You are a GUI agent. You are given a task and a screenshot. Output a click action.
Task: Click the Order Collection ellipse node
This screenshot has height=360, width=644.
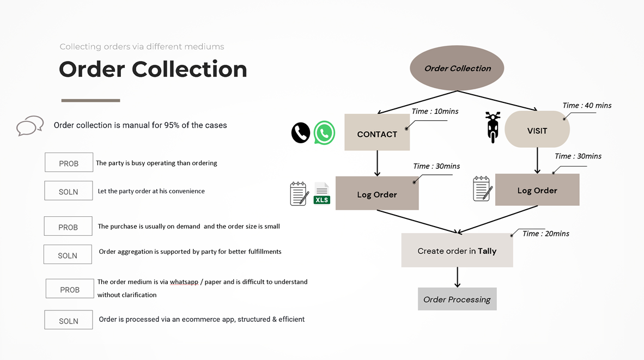[x=457, y=68]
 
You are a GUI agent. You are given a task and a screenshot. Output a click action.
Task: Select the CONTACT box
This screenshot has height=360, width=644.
[x=377, y=132]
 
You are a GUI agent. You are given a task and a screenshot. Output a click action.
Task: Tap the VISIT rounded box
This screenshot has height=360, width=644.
[x=537, y=129]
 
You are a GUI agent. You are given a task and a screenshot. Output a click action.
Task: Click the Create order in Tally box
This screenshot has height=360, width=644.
[x=457, y=251]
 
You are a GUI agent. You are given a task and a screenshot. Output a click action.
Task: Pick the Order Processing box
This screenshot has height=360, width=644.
[x=457, y=299]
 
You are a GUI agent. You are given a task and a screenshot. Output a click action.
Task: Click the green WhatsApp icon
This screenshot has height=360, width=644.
[x=325, y=132]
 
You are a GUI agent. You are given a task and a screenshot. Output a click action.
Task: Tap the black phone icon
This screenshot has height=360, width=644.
[x=301, y=132]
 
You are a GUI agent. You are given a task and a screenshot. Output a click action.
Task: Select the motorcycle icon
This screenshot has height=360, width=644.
[x=493, y=127]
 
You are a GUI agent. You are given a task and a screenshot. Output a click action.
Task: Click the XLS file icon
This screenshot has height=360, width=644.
[x=322, y=193]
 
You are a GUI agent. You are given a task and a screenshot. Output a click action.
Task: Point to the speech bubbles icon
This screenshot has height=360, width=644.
[x=30, y=126]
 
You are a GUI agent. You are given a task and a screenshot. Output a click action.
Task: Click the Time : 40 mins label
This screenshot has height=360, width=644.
[x=587, y=106]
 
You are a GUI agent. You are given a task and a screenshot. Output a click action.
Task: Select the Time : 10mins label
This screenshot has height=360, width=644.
[x=435, y=111]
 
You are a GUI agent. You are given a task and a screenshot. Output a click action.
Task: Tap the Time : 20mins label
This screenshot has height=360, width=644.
[x=546, y=234]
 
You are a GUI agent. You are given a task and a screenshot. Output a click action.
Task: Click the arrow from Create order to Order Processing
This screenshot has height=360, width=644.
[x=457, y=277]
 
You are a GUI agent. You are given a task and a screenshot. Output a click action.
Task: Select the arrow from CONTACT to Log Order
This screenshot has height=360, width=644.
[x=377, y=163]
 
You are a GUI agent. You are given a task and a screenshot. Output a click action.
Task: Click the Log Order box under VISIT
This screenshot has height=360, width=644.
[x=537, y=190]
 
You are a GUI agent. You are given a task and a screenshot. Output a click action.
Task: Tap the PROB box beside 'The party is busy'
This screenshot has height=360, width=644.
[x=69, y=162]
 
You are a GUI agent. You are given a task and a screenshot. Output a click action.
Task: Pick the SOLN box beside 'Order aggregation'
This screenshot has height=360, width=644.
[x=68, y=254]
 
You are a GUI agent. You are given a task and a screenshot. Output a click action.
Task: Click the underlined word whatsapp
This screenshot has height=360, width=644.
[x=184, y=282]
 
